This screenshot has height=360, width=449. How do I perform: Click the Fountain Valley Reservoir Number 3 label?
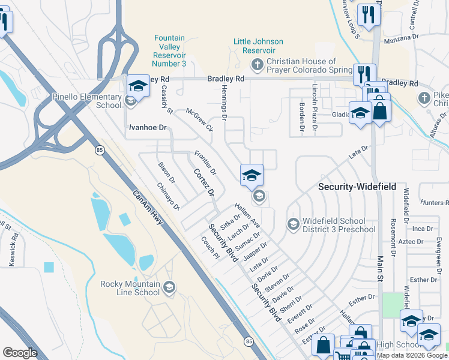170,50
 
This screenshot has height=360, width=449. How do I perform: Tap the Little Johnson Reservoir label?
258,46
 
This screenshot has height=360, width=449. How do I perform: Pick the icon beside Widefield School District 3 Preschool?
293,224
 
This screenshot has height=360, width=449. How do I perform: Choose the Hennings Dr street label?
222,103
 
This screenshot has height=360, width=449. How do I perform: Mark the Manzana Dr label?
401,37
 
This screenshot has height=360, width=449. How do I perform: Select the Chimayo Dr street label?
168,197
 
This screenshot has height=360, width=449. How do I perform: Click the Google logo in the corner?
20,352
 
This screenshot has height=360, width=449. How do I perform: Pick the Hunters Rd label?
435,203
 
